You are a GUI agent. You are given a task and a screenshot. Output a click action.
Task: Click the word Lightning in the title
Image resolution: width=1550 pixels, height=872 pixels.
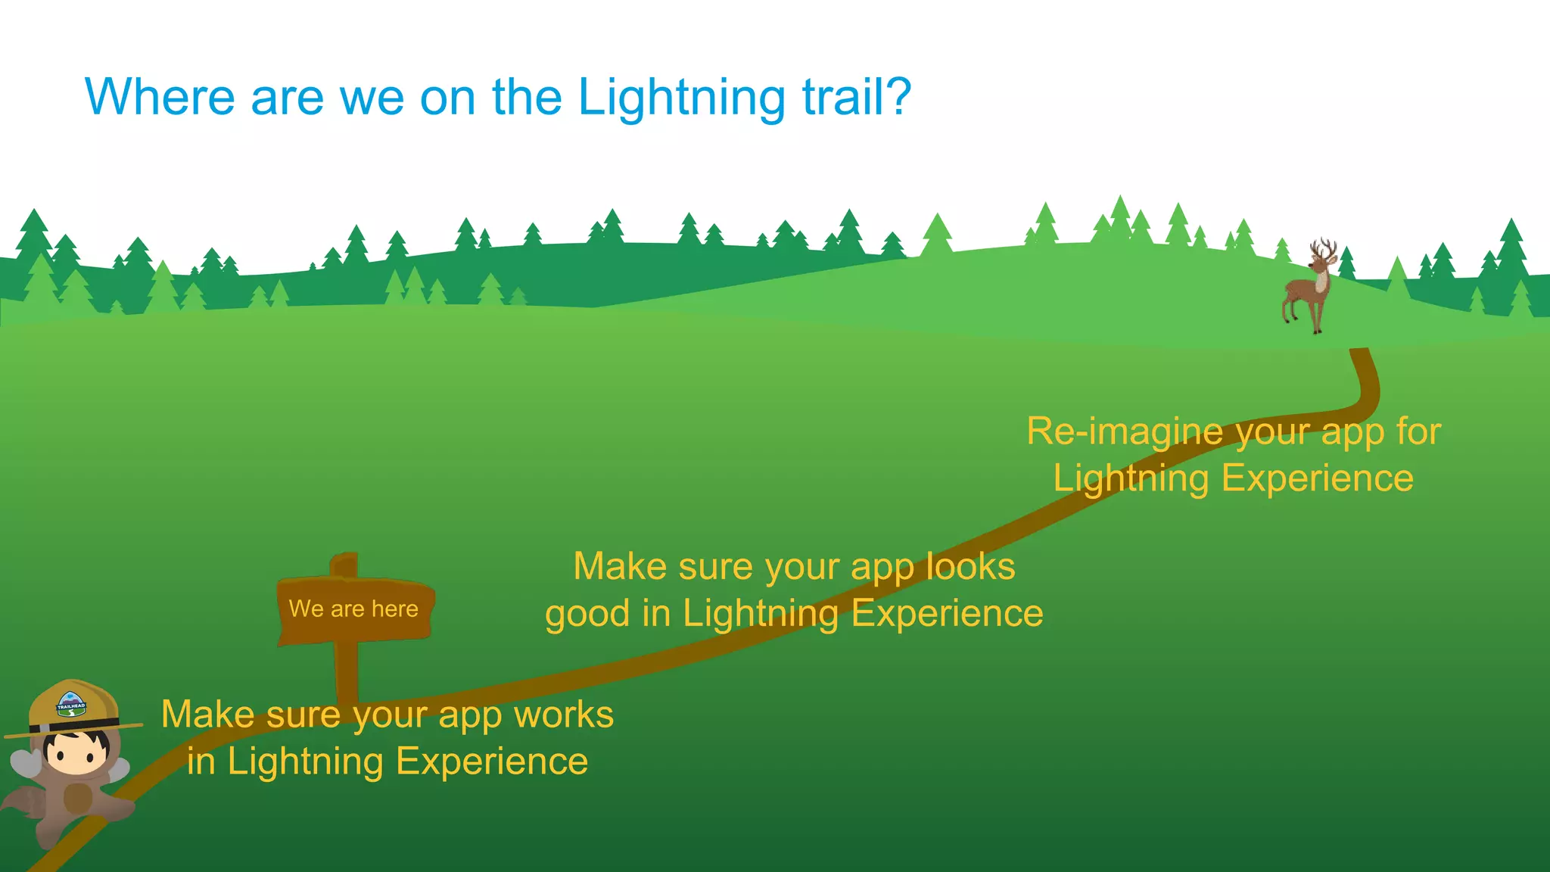(x=681, y=98)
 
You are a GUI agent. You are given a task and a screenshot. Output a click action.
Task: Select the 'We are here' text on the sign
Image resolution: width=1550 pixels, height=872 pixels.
(x=353, y=609)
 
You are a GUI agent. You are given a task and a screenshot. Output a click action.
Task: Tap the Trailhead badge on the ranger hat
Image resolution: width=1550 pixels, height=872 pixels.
(x=71, y=705)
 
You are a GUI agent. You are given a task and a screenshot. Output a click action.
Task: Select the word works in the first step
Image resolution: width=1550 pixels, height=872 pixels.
(x=563, y=715)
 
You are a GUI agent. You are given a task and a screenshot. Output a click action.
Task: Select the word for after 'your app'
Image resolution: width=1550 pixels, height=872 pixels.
(x=1418, y=432)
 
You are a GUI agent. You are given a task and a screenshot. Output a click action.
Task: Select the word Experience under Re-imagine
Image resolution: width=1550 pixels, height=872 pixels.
(x=1317, y=479)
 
